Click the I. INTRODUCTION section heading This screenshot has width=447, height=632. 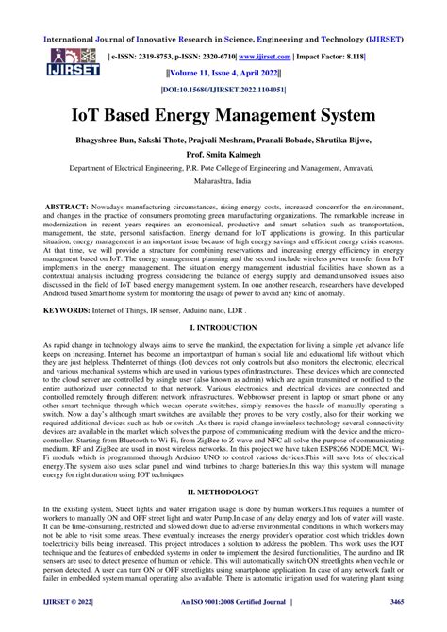click(223, 326)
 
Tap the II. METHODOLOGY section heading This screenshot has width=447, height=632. click(223, 492)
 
